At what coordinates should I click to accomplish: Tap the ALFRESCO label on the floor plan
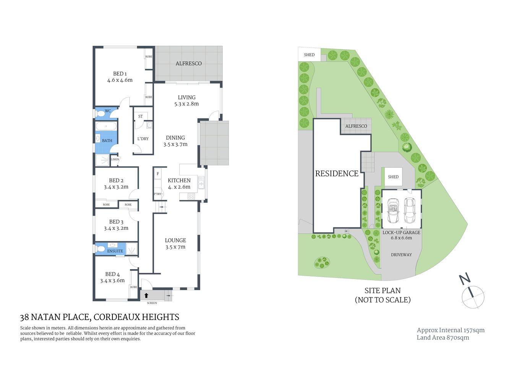188,63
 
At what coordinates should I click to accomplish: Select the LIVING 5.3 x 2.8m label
187,101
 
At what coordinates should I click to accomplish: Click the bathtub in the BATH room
106,126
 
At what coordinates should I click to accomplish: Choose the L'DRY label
143,139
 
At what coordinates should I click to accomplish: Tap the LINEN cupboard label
115,159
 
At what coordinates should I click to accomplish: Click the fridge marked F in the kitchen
157,174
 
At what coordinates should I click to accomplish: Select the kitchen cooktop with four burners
191,196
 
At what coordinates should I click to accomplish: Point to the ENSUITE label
115,251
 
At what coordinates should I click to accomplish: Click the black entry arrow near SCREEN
146,296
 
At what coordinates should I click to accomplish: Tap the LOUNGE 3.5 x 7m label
175,244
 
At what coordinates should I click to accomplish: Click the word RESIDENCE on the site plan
337,174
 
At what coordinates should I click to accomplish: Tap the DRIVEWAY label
401,255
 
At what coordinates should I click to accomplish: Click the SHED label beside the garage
393,177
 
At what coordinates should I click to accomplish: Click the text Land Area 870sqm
443,338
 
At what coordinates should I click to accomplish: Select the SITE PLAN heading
383,291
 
